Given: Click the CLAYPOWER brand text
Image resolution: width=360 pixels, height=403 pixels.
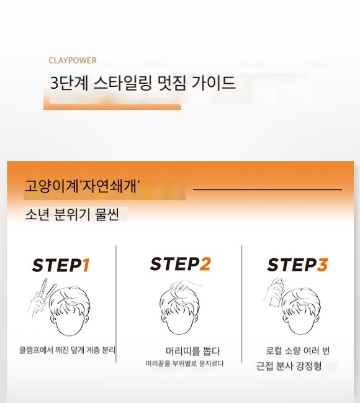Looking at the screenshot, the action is [73, 61].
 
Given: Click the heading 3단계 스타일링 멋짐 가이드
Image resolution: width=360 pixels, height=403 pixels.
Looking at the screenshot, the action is [143, 83].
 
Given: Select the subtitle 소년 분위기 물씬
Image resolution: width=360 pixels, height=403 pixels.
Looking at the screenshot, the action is [72, 214].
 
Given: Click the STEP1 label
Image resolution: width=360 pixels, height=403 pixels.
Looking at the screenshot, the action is [61, 265].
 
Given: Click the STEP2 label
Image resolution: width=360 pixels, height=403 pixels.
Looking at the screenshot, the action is [181, 264].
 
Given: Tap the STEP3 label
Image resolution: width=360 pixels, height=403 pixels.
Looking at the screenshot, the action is [297, 265].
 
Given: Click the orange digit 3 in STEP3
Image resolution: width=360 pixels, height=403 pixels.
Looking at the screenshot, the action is [322, 265].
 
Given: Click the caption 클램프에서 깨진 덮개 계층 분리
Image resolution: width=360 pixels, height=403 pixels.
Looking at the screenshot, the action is [67, 350].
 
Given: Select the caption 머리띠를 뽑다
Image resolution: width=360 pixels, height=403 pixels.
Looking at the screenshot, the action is [193, 351].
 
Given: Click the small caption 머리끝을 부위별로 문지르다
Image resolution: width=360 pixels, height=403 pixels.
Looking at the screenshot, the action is [184, 363].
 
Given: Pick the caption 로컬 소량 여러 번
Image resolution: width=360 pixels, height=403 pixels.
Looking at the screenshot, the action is [298, 351].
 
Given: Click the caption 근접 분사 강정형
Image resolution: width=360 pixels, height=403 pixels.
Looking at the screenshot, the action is [289, 366].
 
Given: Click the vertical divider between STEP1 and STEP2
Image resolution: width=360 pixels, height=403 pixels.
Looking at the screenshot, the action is [116, 304].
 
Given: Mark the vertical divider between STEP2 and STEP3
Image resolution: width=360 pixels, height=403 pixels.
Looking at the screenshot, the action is [242, 304].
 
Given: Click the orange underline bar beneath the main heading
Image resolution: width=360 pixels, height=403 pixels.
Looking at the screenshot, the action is [112, 107].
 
